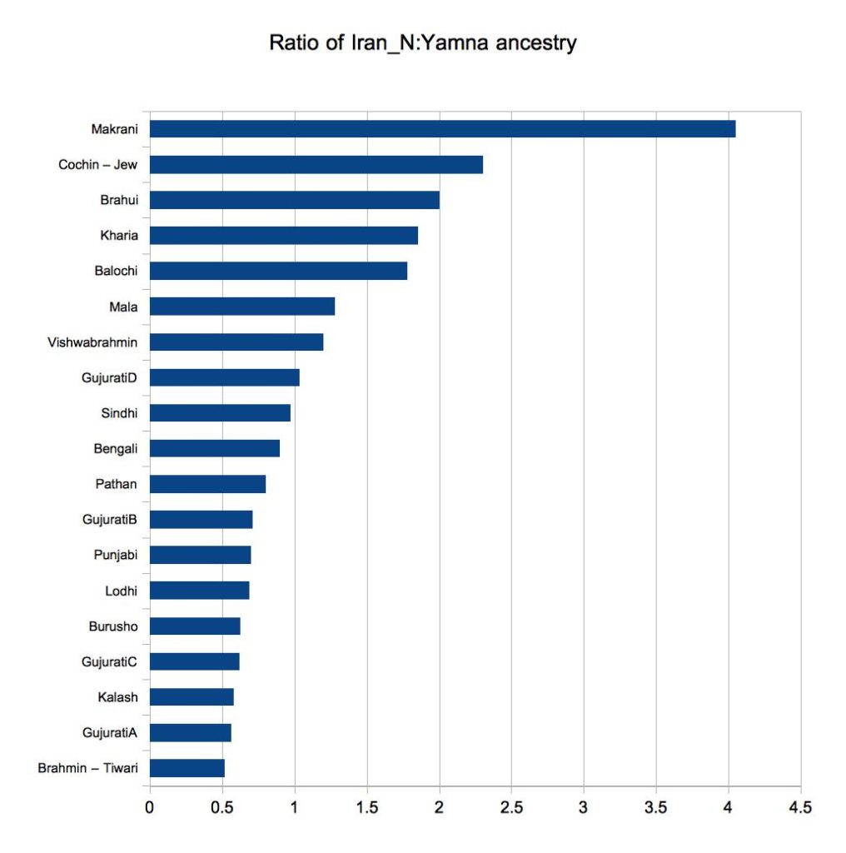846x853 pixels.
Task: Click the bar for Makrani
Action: tap(442, 129)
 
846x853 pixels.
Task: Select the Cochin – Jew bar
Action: tap(316, 165)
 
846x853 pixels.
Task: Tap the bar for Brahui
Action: tap(294, 200)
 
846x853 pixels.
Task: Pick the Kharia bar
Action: tap(283, 236)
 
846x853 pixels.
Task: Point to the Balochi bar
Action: tap(278, 271)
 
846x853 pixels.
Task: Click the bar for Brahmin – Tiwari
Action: tap(187, 768)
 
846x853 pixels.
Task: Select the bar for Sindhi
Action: tap(220, 413)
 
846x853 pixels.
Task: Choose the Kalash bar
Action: tap(192, 696)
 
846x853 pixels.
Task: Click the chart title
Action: tap(423, 43)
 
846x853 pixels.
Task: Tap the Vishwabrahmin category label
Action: tap(93, 342)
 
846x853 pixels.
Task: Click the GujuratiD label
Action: tap(110, 378)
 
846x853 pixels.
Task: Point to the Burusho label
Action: tap(113, 626)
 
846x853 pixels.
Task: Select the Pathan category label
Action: tap(117, 484)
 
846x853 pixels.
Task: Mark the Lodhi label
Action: tap(121, 591)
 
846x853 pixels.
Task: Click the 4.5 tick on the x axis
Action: tap(800, 807)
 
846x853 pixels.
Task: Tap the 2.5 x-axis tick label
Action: tap(510, 807)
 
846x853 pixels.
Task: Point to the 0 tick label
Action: tap(150, 807)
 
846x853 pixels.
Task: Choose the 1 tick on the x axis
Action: tap(294, 807)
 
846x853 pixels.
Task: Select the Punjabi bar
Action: tap(200, 555)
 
